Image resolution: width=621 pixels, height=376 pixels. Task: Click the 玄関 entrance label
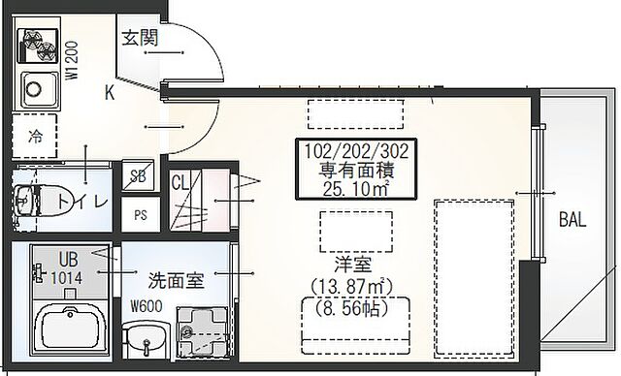point(140,39)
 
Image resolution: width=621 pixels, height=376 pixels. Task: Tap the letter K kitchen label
point(111,94)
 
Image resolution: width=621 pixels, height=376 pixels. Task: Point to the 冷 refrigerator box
point(36,135)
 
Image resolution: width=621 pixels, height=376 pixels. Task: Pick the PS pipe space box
point(141,215)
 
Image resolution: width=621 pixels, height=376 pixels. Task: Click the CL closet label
point(180,182)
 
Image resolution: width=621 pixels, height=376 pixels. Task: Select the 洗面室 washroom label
point(176,283)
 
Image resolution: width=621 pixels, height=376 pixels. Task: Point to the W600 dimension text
point(147,310)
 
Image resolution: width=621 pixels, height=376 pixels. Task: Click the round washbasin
point(147,342)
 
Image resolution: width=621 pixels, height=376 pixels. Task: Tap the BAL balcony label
point(572,221)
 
